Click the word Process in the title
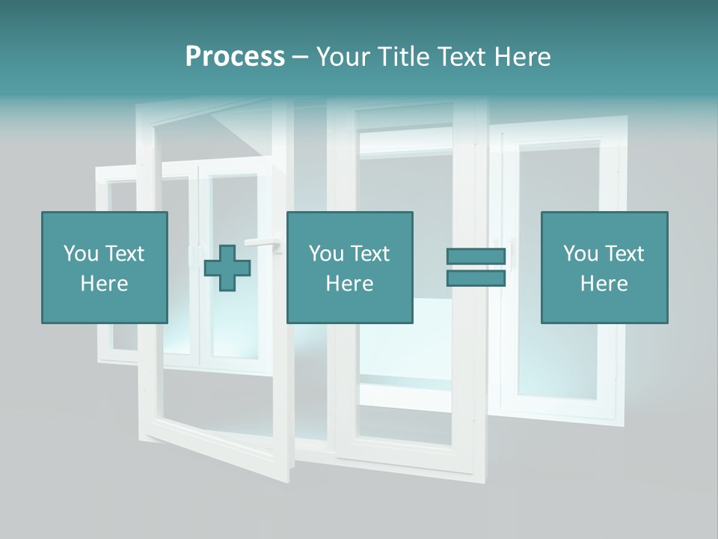[x=235, y=57]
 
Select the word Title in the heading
[x=402, y=57]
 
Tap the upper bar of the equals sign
[x=476, y=257]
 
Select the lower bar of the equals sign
[x=476, y=278]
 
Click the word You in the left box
[x=80, y=254]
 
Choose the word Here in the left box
[x=104, y=284]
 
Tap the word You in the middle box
[x=325, y=254]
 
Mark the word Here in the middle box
[x=349, y=284]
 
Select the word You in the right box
[x=580, y=254]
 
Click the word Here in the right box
[x=604, y=284]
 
